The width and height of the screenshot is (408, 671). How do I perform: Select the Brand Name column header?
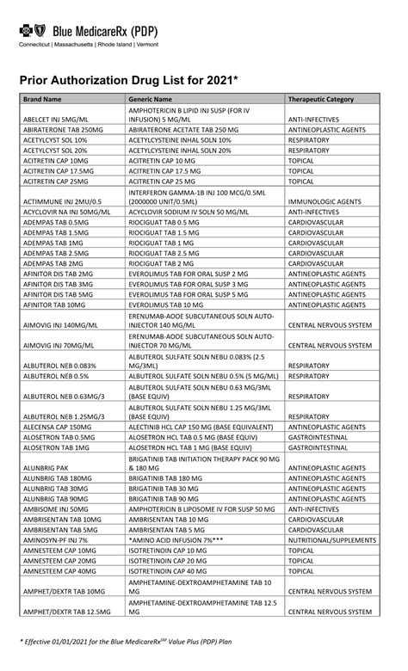point(42,99)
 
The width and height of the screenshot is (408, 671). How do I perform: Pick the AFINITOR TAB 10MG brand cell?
point(57,305)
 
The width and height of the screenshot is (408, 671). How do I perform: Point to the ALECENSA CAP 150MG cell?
point(57,427)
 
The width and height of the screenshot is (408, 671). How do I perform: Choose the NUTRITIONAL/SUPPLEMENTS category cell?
point(331,539)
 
